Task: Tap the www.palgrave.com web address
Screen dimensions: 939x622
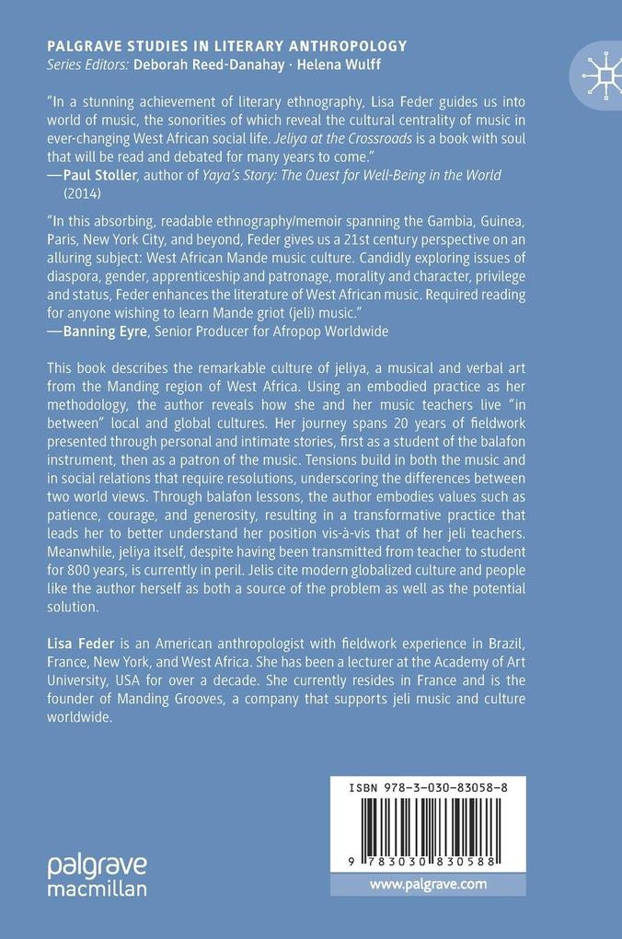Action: click(428, 884)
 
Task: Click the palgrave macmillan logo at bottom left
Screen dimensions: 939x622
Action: click(97, 875)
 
